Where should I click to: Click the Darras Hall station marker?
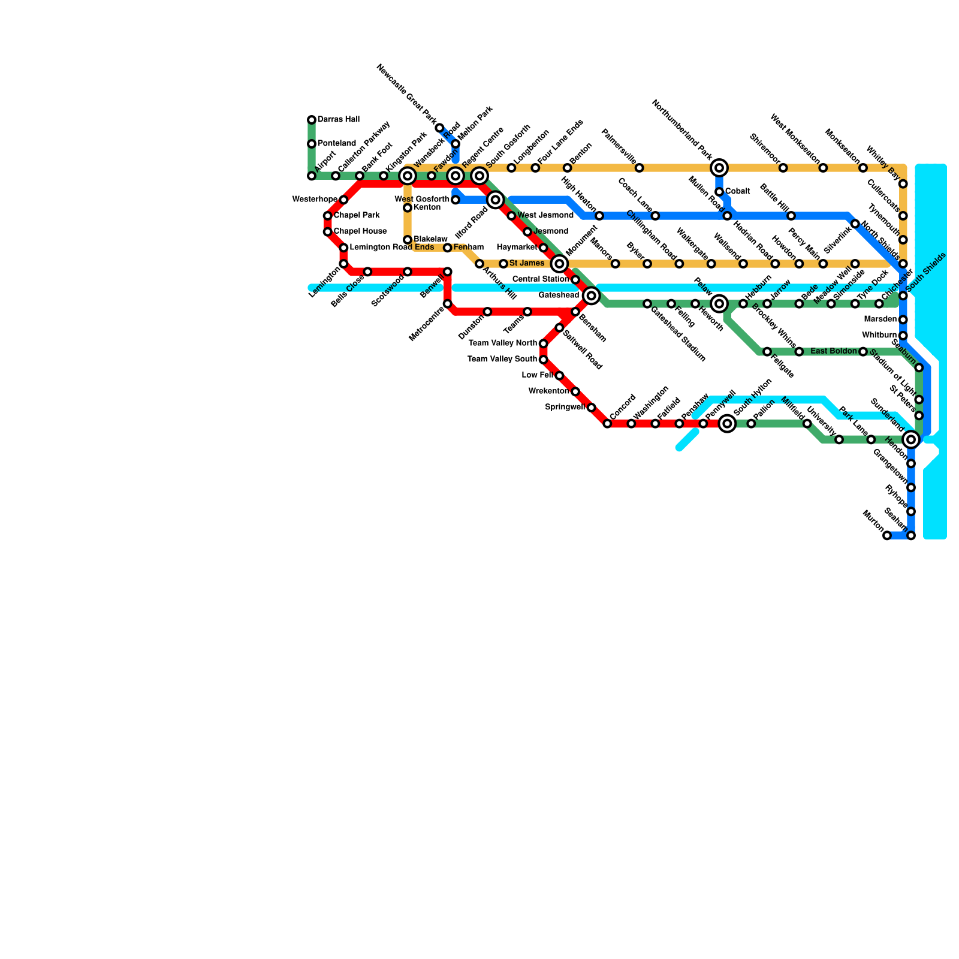[x=312, y=120]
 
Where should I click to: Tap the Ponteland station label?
[x=337, y=144]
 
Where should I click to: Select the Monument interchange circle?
[x=559, y=264]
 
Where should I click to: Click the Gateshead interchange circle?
[x=592, y=295]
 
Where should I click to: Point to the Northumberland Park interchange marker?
[x=719, y=168]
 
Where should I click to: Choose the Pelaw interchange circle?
[x=719, y=304]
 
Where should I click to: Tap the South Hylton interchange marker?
[x=728, y=424]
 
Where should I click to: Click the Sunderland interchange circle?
[x=911, y=440]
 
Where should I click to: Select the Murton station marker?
[x=887, y=536]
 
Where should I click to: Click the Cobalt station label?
[x=738, y=192]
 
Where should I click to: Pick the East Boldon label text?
[x=834, y=351]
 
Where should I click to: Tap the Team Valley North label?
[x=502, y=343]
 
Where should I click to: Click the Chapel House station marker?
[x=328, y=232]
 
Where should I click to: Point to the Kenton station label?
[x=427, y=208]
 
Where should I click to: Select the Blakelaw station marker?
[x=408, y=240]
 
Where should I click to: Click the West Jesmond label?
[x=545, y=216]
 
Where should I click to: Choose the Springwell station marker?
[x=592, y=408]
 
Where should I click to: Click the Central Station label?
[x=541, y=279]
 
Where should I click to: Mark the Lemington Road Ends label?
[x=391, y=248]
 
